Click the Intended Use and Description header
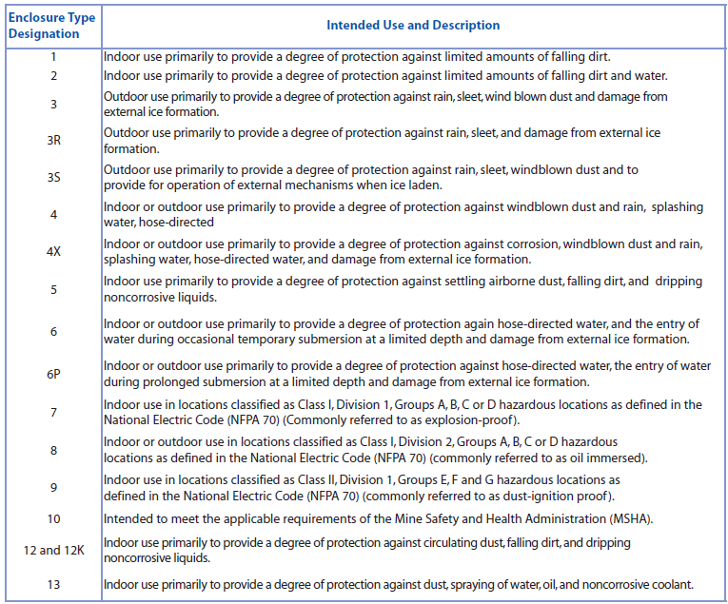point(412,26)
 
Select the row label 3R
point(53,141)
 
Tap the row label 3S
point(53,178)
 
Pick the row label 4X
point(53,252)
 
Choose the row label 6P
point(53,374)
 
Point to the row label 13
point(53,584)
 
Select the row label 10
point(53,518)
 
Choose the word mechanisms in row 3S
point(340,185)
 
